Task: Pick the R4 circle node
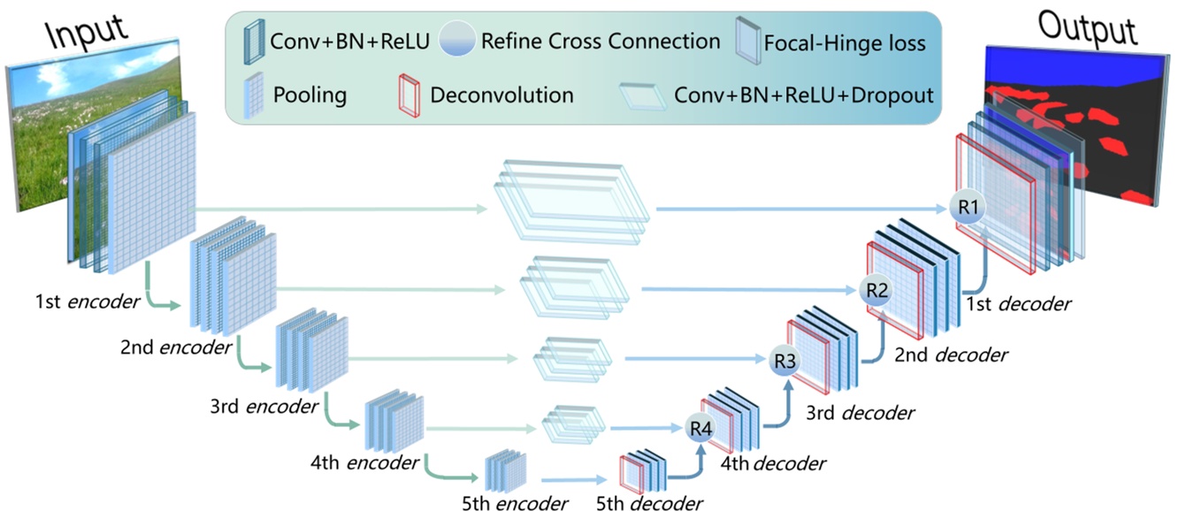click(700, 429)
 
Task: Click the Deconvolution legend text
click(501, 95)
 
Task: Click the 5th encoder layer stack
click(506, 469)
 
